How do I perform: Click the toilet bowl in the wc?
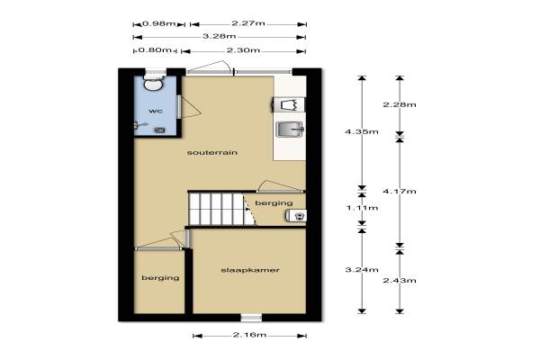point(153,84)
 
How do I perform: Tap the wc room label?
point(156,111)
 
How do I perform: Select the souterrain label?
point(212,152)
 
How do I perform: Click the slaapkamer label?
point(250,270)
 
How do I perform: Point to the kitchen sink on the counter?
point(290,130)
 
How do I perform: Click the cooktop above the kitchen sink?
point(289,104)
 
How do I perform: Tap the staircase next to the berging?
point(221,209)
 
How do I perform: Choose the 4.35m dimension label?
point(362,131)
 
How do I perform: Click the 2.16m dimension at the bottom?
point(249,335)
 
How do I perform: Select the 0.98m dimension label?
point(159,23)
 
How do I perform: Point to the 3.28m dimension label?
point(219,36)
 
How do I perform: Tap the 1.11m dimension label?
point(362,208)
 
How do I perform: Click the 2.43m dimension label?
point(400,281)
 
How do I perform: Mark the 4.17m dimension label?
point(400,191)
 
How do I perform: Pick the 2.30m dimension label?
point(243,50)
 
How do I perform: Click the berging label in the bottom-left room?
point(160,278)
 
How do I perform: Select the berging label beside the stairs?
point(274,203)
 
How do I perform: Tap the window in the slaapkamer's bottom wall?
point(251,318)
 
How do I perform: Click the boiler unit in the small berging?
point(296,216)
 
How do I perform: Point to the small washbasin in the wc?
point(159,130)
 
